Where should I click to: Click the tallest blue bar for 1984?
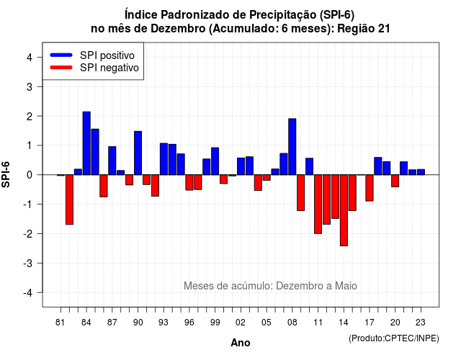click(x=86, y=143)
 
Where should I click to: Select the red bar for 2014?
click(x=344, y=210)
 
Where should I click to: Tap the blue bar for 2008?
click(x=292, y=147)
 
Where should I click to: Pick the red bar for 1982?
click(x=69, y=199)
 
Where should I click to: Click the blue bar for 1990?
click(x=138, y=153)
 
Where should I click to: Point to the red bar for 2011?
click(x=318, y=204)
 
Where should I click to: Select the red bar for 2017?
click(x=370, y=188)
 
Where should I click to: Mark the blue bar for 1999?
click(x=215, y=161)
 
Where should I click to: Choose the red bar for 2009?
click(x=301, y=193)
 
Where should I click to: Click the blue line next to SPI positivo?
click(x=61, y=55)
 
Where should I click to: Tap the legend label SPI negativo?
click(x=109, y=68)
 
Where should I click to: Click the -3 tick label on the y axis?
click(x=28, y=263)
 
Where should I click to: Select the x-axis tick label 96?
click(x=189, y=323)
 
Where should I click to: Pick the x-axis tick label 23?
click(x=421, y=323)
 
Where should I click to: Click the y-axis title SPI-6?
click(x=6, y=174)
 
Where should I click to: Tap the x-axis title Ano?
click(x=241, y=343)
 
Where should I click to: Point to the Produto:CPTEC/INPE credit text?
click(x=394, y=338)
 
